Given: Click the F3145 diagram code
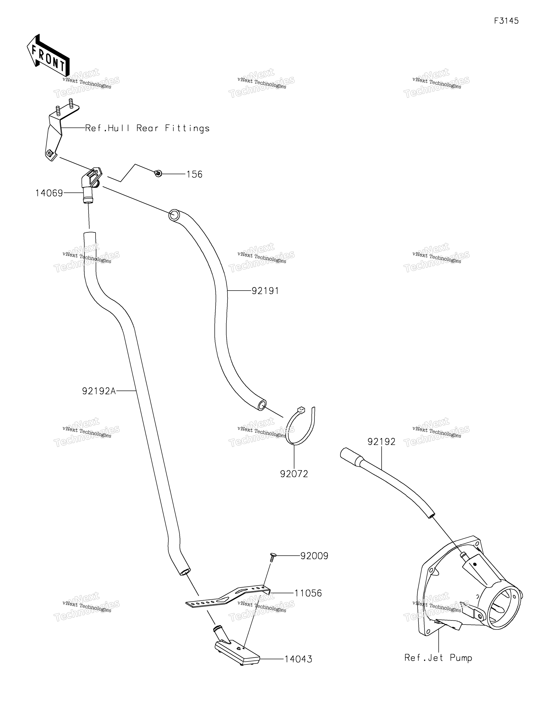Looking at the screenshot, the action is point(506,21).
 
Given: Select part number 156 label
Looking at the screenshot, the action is point(194,175).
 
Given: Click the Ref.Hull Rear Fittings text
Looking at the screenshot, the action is point(147,129).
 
